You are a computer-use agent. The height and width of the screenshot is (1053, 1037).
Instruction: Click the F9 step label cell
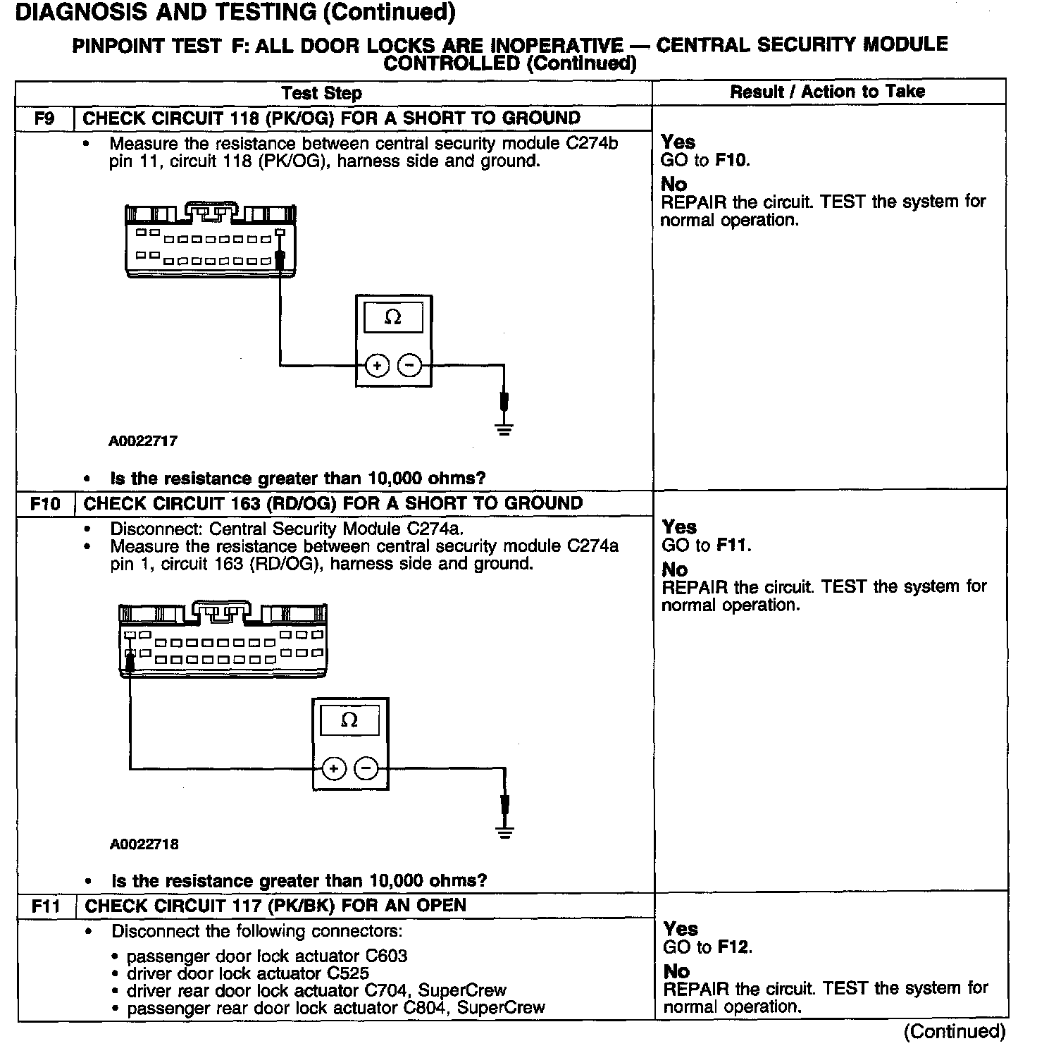point(44,118)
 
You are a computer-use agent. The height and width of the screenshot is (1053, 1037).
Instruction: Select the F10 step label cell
point(45,503)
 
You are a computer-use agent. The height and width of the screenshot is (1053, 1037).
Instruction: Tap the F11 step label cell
point(46,906)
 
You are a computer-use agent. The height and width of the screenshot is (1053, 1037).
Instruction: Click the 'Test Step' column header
point(321,93)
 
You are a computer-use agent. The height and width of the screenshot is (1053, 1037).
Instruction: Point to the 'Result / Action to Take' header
point(827,92)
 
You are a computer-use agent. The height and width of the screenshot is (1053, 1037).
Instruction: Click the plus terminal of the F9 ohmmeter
point(378,365)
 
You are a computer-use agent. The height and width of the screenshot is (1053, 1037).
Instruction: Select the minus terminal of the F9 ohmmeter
point(410,365)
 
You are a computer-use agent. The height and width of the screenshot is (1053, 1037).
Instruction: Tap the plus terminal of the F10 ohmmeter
point(334,768)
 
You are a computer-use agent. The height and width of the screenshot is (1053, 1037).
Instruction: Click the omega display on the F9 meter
point(393,318)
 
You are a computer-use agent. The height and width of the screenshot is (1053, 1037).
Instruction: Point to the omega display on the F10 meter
point(349,720)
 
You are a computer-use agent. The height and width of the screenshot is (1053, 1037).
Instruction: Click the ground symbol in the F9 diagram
point(504,428)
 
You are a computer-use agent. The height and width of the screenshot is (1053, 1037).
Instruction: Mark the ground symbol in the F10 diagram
point(504,831)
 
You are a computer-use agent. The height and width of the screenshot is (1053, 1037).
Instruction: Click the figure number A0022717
point(143,441)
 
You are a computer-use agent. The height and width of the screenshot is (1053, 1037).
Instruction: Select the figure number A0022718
point(144,844)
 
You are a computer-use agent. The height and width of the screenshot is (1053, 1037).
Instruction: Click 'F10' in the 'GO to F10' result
point(731,160)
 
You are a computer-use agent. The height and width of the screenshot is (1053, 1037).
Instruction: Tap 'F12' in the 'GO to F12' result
point(733,947)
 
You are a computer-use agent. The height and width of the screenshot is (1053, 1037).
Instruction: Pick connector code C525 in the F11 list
point(348,973)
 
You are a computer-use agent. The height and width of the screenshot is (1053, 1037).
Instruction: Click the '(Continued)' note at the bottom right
point(955,1031)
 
